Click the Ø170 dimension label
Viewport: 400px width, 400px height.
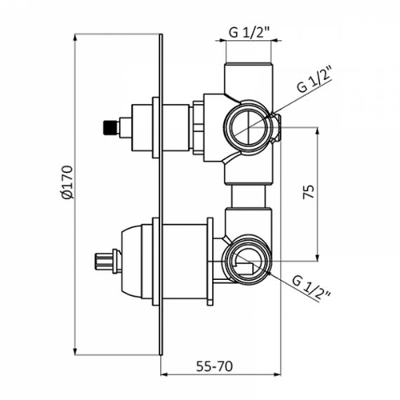(x=66, y=182)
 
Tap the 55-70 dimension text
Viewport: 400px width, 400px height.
(x=214, y=366)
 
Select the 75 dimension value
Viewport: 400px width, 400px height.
(x=309, y=192)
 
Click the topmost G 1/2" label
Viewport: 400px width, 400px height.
(x=250, y=33)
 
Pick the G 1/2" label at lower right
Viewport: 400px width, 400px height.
(x=311, y=289)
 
